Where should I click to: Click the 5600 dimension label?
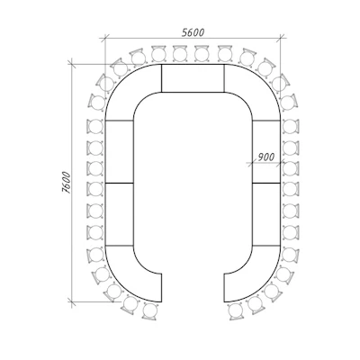(x=193, y=32)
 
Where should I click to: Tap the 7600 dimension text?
(x=66, y=183)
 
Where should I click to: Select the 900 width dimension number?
(x=266, y=157)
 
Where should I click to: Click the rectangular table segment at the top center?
(x=193, y=78)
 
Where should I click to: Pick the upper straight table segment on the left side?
(x=120, y=151)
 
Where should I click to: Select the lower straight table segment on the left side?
(x=120, y=214)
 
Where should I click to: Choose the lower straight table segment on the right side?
(x=266, y=214)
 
